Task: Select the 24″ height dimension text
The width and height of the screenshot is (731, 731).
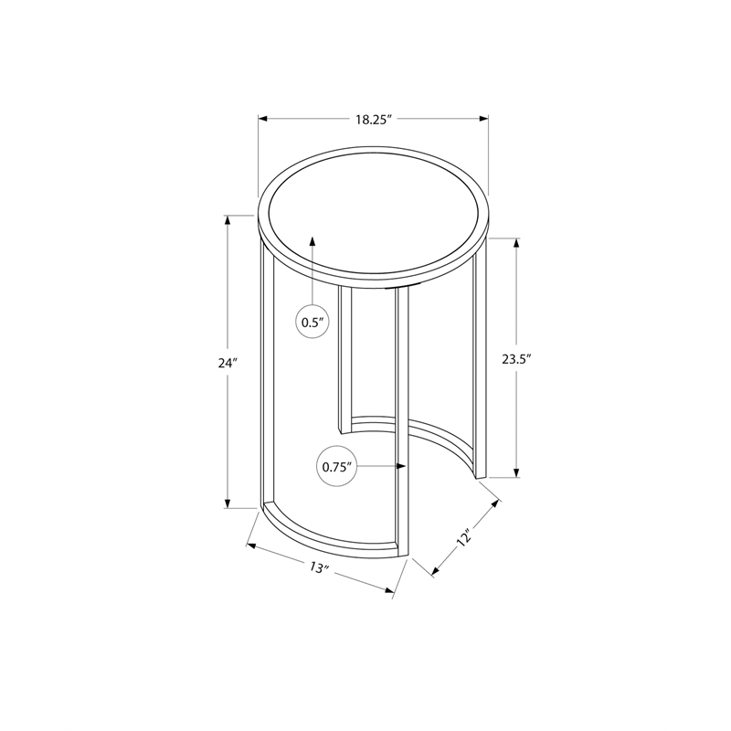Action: (x=228, y=362)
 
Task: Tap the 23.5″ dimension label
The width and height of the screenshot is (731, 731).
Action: (x=516, y=359)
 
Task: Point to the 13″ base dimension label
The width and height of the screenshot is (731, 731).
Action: (x=320, y=567)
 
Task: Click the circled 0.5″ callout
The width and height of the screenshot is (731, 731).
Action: (x=313, y=322)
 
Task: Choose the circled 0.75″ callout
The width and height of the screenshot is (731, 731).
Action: (x=336, y=467)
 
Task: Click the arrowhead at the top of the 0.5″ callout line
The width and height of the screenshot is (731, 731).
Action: (x=313, y=240)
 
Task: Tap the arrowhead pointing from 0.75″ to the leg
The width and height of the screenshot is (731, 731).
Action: (x=400, y=466)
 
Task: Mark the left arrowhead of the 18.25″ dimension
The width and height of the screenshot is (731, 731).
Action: (x=263, y=120)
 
